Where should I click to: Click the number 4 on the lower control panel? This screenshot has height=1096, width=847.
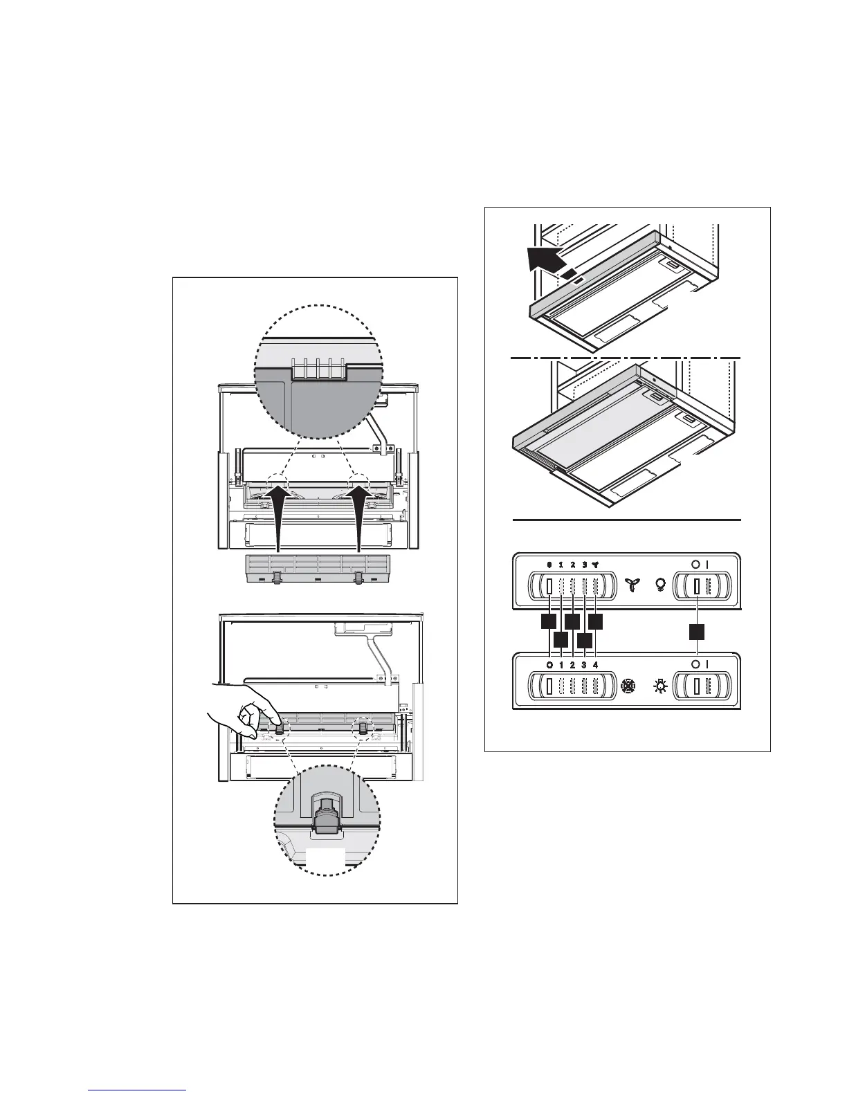[595, 665]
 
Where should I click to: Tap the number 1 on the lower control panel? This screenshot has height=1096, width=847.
[561, 665]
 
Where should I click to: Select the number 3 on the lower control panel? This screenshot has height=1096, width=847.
[584, 665]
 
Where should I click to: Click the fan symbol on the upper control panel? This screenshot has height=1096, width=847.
[630, 587]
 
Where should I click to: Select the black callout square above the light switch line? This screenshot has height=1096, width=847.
[697, 632]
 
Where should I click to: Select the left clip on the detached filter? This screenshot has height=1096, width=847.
[277, 576]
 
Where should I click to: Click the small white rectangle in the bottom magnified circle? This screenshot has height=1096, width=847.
[325, 857]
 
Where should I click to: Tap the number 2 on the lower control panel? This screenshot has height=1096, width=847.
[572, 665]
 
